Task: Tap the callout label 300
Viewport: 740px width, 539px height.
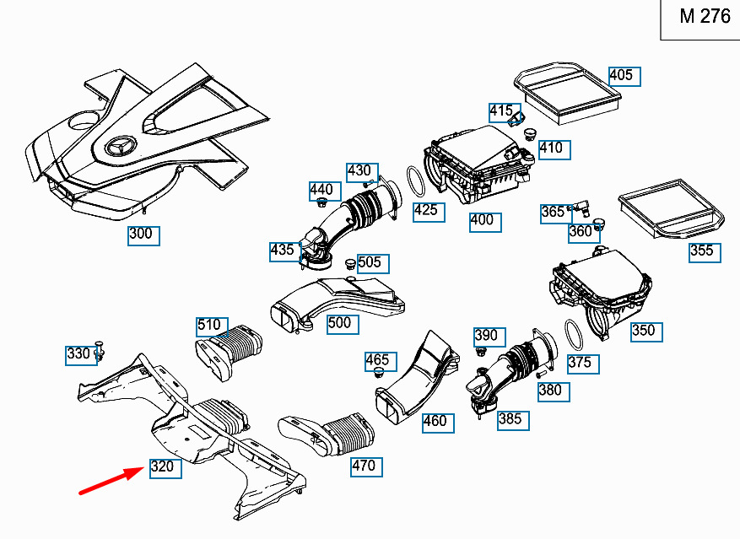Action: click(141, 234)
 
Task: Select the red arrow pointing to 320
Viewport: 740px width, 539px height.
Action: click(110, 482)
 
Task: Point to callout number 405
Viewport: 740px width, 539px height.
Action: click(624, 76)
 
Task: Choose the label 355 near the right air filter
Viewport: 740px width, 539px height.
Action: click(703, 251)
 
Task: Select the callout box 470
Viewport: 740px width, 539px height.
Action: click(364, 466)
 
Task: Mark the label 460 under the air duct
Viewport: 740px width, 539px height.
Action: click(435, 420)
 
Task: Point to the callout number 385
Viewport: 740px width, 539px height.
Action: click(511, 418)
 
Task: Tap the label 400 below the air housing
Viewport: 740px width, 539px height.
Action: click(483, 221)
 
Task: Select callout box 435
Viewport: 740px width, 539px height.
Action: click(283, 250)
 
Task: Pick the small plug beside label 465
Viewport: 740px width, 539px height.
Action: click(378, 375)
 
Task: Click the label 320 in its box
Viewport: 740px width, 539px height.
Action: click(164, 466)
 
